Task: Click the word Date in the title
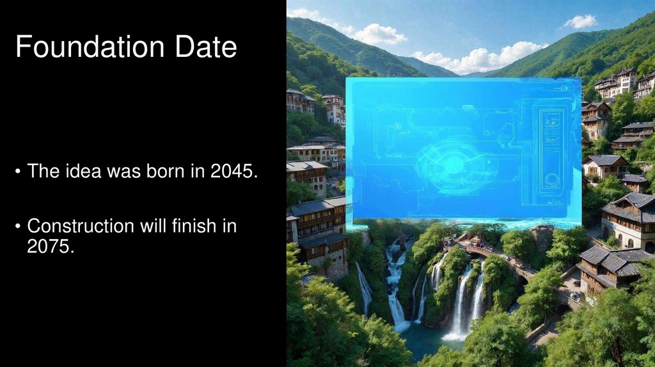pos(204,48)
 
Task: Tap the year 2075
pos(50,247)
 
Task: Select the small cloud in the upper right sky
pos(580,22)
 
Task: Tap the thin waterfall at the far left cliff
pos(363,287)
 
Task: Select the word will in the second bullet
pos(154,226)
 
